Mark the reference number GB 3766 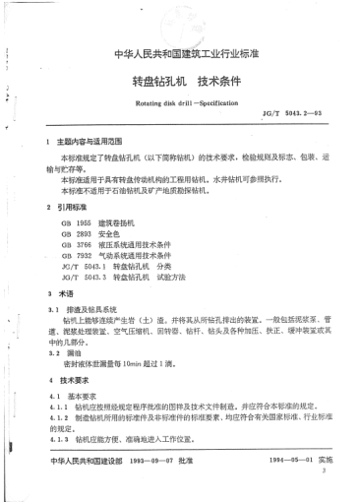click(72, 245)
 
